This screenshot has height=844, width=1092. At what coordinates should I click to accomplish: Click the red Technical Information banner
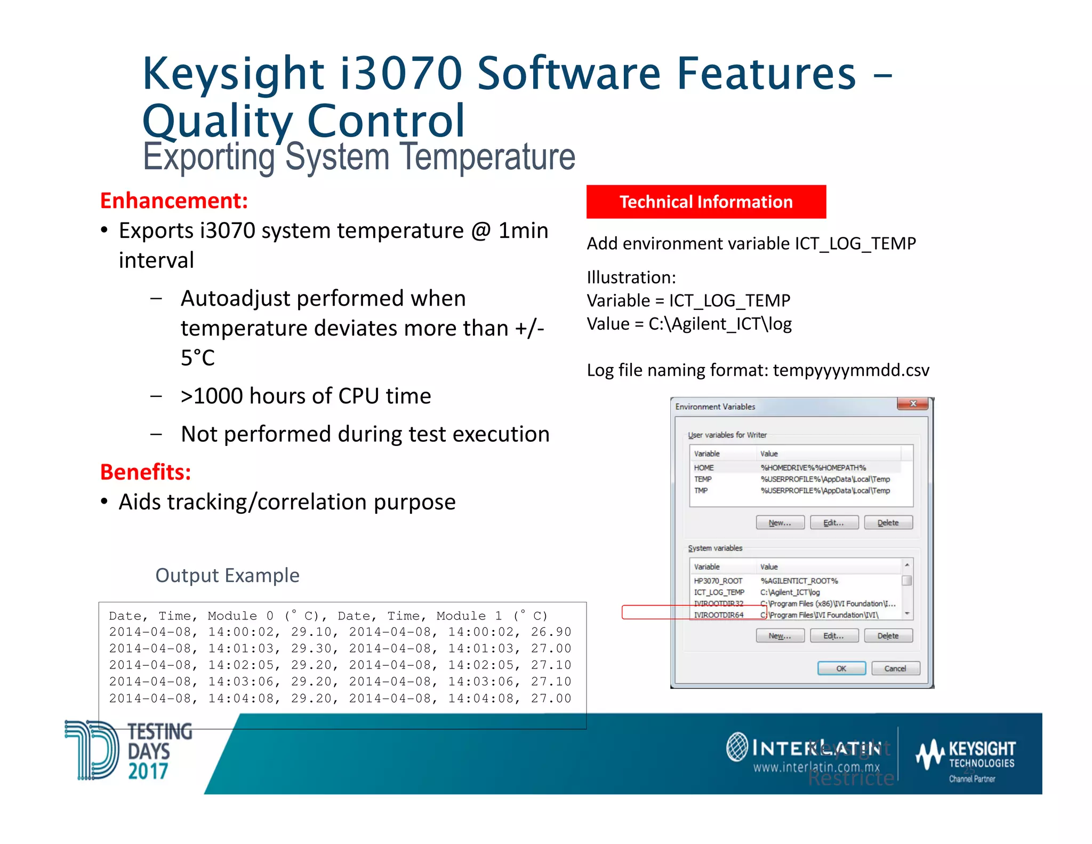705,202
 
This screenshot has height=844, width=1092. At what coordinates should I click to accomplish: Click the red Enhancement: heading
174,201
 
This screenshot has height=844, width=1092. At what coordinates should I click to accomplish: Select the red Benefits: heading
146,472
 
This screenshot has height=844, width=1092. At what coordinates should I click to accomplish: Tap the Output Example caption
227,575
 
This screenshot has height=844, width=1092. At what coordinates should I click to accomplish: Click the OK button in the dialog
841,668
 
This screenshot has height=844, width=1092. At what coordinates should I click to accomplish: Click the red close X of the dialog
913,404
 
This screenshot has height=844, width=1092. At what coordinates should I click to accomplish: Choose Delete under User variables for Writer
888,523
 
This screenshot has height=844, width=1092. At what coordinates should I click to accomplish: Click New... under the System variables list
780,636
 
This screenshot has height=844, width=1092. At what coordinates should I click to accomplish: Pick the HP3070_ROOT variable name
718,581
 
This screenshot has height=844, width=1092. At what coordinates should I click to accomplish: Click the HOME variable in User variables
703,468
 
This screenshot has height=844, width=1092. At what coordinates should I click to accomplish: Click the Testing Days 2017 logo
128,751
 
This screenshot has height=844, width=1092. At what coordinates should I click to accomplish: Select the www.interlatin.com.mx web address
816,768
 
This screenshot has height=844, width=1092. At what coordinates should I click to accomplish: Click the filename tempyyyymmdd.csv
851,370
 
